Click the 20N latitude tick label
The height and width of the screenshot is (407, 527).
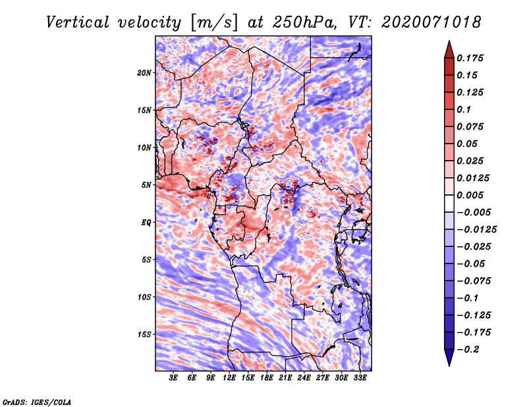(144, 73)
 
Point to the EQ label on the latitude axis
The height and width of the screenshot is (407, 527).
(146, 223)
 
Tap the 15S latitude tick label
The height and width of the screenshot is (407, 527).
(144, 335)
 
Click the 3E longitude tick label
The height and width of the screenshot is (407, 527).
(173, 377)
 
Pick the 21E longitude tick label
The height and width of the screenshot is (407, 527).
(285, 377)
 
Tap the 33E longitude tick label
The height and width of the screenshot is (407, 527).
(360, 377)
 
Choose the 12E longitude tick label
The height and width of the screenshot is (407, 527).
(229, 377)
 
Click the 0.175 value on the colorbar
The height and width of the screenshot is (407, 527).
(470, 58)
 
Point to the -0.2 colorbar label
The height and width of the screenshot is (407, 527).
(468, 349)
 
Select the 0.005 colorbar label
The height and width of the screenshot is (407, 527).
(470, 195)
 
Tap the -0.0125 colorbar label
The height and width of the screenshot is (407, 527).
(476, 229)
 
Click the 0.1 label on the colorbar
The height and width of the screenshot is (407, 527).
(464, 109)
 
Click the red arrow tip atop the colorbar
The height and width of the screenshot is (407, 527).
(449, 41)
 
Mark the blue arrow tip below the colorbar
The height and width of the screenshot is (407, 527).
(449, 366)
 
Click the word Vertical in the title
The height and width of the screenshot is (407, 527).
(78, 22)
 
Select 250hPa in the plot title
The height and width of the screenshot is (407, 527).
(304, 22)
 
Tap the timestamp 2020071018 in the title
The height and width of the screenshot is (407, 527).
(431, 22)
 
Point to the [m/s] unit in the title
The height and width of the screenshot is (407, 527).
(214, 22)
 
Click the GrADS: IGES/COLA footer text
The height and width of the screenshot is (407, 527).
(37, 402)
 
